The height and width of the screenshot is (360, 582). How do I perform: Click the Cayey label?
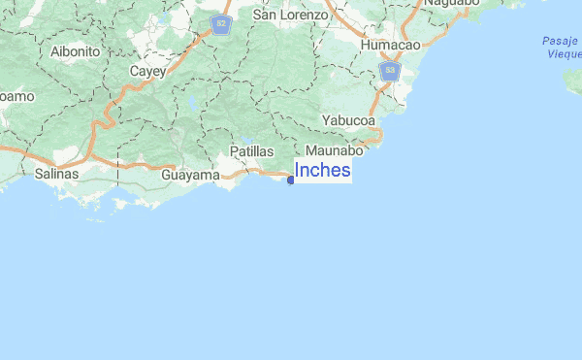pos(148,71)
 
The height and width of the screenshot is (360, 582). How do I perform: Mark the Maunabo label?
pos(334,151)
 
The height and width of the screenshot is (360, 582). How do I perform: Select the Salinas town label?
pos(56,175)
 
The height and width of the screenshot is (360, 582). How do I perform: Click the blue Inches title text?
pos(322,171)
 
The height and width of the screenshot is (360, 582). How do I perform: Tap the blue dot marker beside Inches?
pos(291,180)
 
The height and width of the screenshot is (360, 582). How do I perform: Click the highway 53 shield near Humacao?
pos(390,72)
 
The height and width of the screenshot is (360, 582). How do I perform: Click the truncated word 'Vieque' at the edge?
pos(564,54)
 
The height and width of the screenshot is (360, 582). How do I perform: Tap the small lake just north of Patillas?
pos(246,141)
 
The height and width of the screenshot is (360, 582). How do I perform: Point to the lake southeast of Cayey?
pos(193,101)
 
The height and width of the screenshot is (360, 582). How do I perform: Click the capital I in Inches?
pos(297,171)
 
